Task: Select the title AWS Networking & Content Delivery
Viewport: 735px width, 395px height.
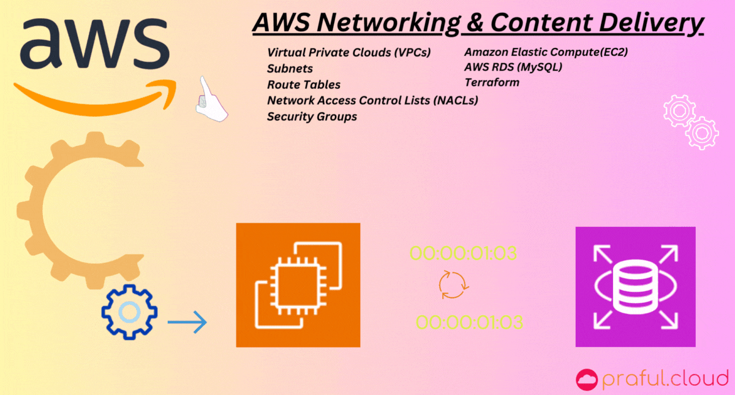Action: pyautogui.click(x=478, y=23)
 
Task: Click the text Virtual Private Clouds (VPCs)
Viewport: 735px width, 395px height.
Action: pyautogui.click(x=349, y=53)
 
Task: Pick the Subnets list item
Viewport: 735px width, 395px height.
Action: pyautogui.click(x=290, y=69)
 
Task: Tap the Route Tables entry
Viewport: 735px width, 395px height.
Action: pyautogui.click(x=304, y=85)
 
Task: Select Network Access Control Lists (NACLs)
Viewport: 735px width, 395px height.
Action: pyautogui.click(x=372, y=100)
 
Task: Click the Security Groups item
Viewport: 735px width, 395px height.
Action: pyautogui.click(x=312, y=117)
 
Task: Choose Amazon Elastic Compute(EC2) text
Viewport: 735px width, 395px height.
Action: pyautogui.click(x=546, y=52)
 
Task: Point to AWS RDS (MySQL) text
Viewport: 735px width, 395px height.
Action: pyautogui.click(x=513, y=67)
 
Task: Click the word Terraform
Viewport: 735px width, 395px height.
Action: pyautogui.click(x=492, y=82)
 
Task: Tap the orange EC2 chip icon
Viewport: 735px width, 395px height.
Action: pyautogui.click(x=298, y=285)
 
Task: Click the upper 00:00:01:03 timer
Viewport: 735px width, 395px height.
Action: pyautogui.click(x=464, y=253)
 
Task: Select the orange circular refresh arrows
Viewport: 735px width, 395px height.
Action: pyautogui.click(x=453, y=285)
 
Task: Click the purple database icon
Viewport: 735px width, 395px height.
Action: pyautogui.click(x=635, y=286)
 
